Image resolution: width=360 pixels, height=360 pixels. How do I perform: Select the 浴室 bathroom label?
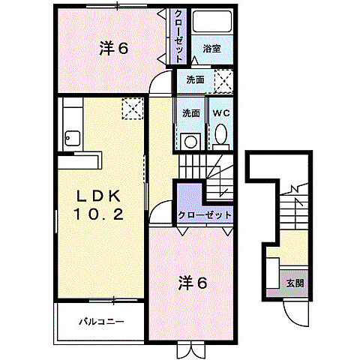211,47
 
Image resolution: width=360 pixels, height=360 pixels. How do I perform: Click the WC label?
220,113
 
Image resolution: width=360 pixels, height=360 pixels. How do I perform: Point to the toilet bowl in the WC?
220,135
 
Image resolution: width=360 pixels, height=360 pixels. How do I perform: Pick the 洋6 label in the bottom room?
192,283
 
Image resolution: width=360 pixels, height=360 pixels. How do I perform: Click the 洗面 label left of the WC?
190,113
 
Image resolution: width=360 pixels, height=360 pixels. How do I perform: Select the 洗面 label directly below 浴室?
196,79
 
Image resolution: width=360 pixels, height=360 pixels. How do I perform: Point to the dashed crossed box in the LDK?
133,109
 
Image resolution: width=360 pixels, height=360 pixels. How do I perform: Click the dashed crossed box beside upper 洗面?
222,79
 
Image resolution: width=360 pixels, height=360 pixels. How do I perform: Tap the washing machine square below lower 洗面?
190,139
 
